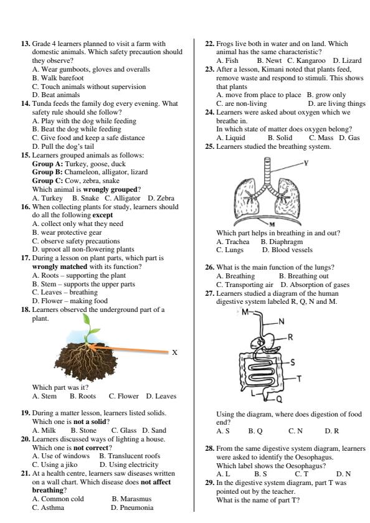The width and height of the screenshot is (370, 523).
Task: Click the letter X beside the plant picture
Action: [x=175, y=352]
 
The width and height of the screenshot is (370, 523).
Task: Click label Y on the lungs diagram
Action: [x=306, y=164]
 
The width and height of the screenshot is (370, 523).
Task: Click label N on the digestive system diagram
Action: [x=282, y=321]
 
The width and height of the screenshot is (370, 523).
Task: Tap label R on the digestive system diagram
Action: [x=290, y=337]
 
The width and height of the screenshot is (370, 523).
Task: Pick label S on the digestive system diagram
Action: [x=293, y=362]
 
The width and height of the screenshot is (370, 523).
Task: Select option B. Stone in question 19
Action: [x=83, y=430]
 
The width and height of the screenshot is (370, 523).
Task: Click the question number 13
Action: [x=26, y=44]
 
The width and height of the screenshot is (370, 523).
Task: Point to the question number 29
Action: [x=210, y=483]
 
